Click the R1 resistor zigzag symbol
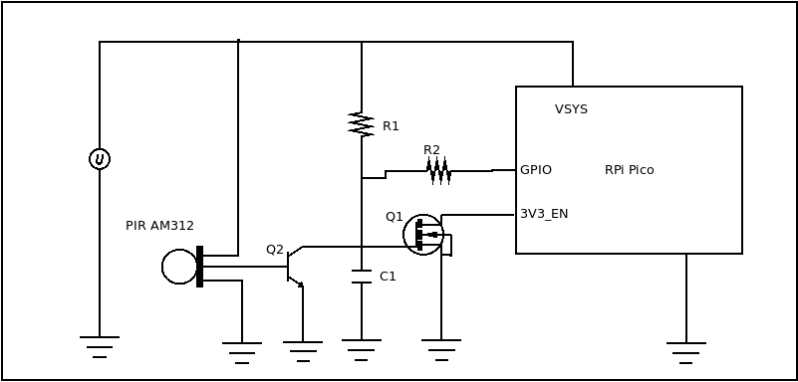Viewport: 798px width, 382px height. click(x=361, y=124)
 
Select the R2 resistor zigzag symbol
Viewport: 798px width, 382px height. click(x=438, y=171)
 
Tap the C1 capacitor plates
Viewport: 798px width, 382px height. click(x=362, y=277)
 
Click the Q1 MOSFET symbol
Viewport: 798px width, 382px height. click(x=424, y=235)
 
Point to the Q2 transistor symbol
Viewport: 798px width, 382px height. click(x=294, y=267)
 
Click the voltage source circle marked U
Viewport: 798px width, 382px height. click(x=100, y=159)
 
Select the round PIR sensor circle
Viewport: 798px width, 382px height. click(x=179, y=267)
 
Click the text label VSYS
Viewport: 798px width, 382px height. click(x=571, y=109)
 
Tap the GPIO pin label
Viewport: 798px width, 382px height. click(x=536, y=170)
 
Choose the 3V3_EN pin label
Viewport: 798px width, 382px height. click(x=544, y=214)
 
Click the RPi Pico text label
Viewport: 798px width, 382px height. click(x=629, y=170)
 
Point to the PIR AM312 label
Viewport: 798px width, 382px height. click(x=159, y=226)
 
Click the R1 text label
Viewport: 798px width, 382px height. click(x=391, y=126)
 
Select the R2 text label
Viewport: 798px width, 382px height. click(x=431, y=150)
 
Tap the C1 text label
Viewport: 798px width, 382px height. click(x=388, y=277)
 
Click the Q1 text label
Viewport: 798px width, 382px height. click(x=394, y=217)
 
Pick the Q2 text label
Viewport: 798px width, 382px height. click(x=274, y=250)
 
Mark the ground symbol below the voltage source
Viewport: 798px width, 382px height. click(x=100, y=346)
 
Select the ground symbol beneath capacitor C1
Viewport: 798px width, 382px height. click(x=362, y=349)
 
